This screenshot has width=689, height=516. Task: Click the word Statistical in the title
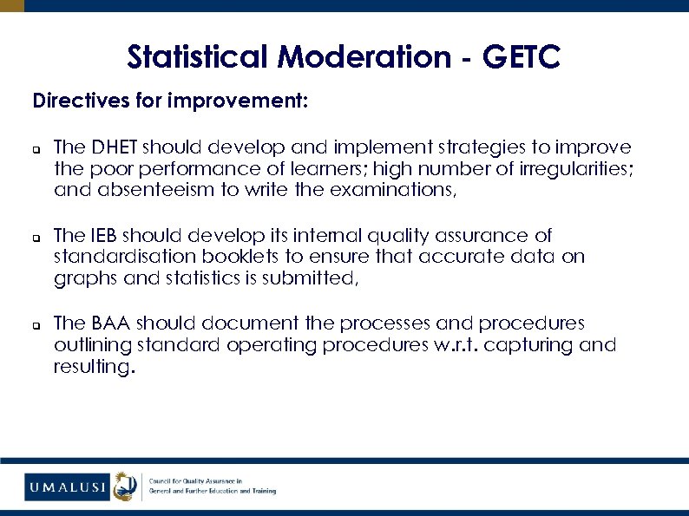[199, 58]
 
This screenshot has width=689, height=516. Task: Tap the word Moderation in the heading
[365, 58]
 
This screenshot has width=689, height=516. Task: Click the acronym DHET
[112, 147]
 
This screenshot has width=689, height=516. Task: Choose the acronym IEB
[99, 235]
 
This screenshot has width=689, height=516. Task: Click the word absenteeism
[144, 190]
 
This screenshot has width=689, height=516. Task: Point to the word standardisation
[120, 257]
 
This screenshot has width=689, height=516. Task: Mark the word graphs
[82, 278]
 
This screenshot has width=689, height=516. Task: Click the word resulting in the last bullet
[92, 367]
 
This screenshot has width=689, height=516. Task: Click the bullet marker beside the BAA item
[36, 324]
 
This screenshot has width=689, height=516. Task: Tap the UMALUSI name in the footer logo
[66, 487]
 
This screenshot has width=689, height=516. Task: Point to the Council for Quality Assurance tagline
[213, 486]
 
